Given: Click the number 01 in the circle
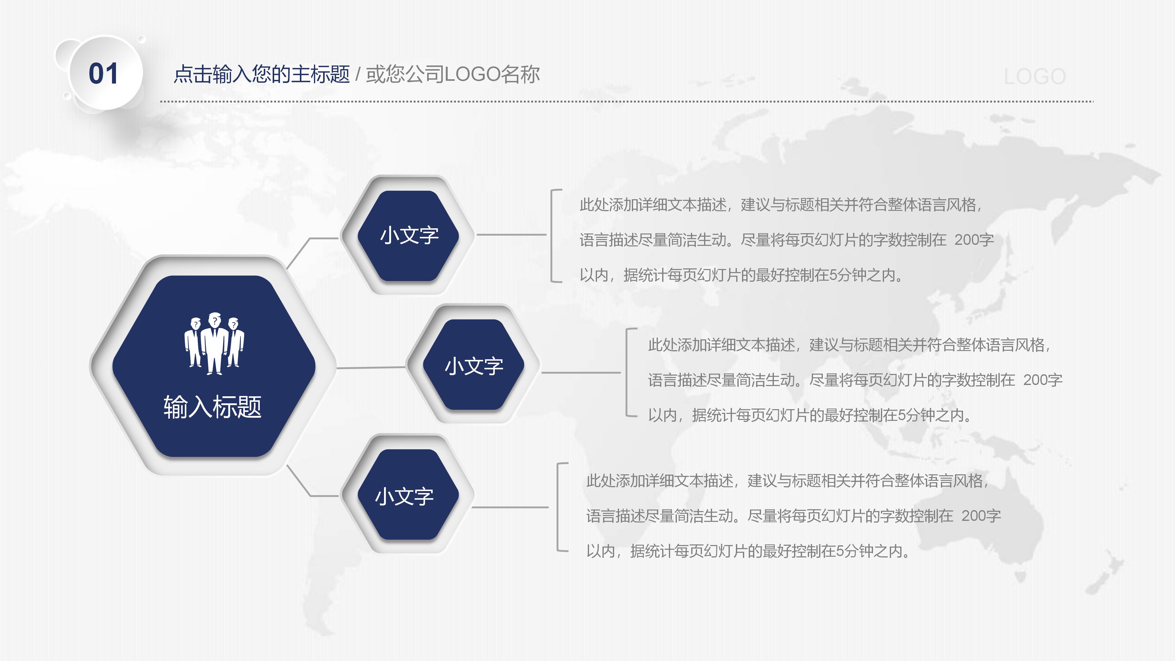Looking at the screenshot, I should [103, 73].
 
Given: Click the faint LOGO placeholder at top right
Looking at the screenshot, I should [1035, 77].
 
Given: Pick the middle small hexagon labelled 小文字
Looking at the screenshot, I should [473, 365].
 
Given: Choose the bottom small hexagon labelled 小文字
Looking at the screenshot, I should [404, 496].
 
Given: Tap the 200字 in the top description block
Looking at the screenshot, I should [974, 240].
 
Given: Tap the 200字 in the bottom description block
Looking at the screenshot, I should [981, 516].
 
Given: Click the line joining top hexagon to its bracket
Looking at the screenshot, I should [511, 234].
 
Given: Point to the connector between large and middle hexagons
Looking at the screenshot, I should [370, 367].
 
